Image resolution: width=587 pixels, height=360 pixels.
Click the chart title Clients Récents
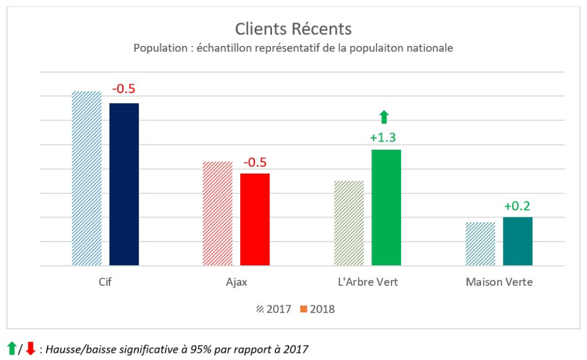pyautogui.click(x=293, y=29)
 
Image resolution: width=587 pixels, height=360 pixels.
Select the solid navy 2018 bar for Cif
pyautogui.click(x=124, y=184)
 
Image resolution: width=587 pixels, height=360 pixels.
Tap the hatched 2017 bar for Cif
pyautogui.click(x=87, y=178)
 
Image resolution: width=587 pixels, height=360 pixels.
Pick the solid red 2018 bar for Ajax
pyautogui.click(x=255, y=219)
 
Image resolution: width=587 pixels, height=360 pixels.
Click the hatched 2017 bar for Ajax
pyautogui.click(x=218, y=213)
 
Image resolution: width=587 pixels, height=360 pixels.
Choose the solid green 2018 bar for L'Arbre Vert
pyautogui.click(x=386, y=207)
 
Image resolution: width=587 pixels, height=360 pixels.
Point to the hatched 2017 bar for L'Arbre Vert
pyautogui.click(x=349, y=223)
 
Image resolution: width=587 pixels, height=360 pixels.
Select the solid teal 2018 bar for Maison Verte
pyautogui.click(x=518, y=241)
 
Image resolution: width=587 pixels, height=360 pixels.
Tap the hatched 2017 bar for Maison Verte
pyautogui.click(x=480, y=243)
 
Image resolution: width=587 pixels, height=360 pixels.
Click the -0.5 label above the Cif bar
pyautogui.click(x=124, y=89)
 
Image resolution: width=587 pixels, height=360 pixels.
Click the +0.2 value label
pyautogui.click(x=517, y=206)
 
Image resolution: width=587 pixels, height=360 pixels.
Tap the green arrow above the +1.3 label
pyautogui.click(x=384, y=117)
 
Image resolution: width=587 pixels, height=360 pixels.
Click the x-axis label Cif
pyautogui.click(x=105, y=282)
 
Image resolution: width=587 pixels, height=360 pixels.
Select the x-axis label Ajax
pyautogui.click(x=236, y=282)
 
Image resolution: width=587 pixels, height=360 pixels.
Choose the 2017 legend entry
pyautogui.click(x=274, y=309)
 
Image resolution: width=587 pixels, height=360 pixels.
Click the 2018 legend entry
pyautogui.click(x=317, y=309)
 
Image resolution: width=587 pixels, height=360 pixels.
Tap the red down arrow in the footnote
pyautogui.click(x=31, y=348)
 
